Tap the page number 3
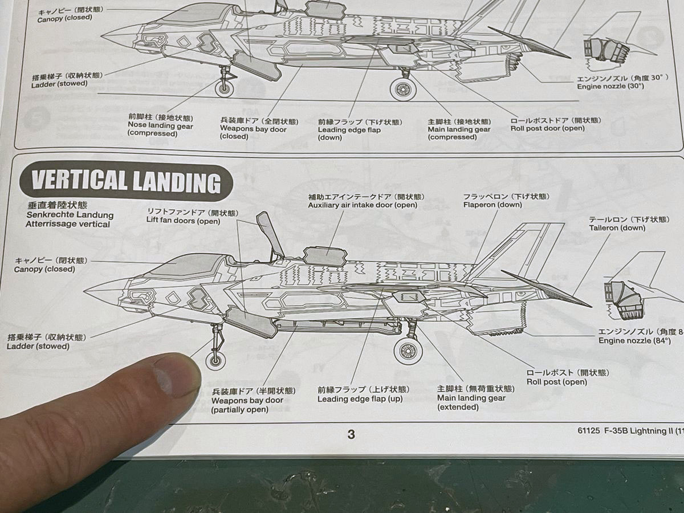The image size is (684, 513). coord(351,434)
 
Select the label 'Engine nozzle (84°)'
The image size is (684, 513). coord(638,340)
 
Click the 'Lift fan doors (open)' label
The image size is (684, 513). coord(183,221)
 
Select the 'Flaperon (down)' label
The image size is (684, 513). coord(492,205)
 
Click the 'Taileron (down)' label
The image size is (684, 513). coord(617,227)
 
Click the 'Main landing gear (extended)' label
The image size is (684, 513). coord(471,398)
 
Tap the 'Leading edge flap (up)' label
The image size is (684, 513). coord(360,398)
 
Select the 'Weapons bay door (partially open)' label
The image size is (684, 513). coord(247,401)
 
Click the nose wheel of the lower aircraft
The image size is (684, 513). coord(215,361)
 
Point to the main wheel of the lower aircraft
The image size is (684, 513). coord(408,351)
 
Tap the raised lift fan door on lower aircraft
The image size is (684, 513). coord(270,234)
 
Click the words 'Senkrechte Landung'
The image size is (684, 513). coord(70,215)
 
